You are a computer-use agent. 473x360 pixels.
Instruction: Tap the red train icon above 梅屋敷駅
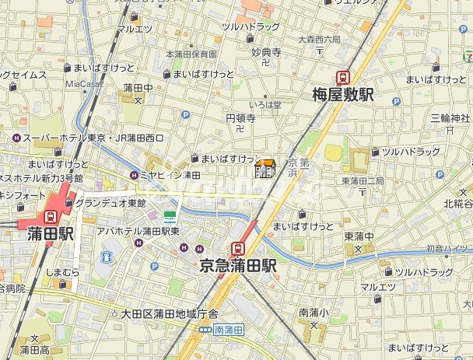click(x=342, y=77)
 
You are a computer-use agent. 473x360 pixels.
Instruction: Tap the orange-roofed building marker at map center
click(x=265, y=168)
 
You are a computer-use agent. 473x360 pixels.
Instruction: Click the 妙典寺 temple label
click(x=265, y=53)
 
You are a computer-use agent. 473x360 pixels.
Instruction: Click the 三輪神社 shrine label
click(x=450, y=118)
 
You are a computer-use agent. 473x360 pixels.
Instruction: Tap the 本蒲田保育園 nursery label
click(x=191, y=54)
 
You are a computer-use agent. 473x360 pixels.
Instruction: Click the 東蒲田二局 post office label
click(x=363, y=181)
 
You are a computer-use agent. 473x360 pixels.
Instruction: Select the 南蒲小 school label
click(x=310, y=313)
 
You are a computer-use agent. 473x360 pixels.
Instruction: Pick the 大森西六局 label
click(x=318, y=38)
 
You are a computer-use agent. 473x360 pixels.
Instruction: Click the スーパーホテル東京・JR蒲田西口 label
click(x=93, y=138)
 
